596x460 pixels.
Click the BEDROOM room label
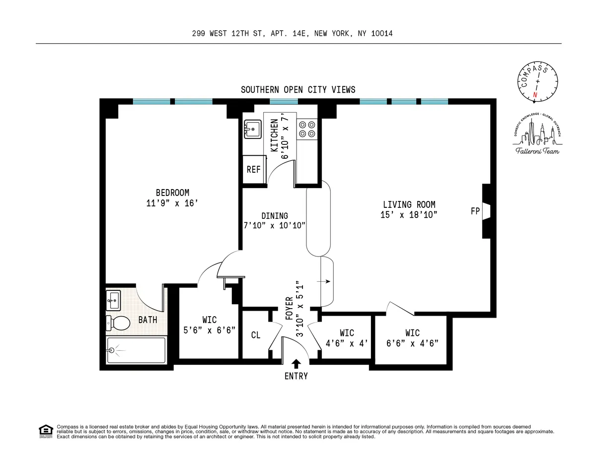click(x=172, y=193)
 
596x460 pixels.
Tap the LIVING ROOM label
click(x=409, y=204)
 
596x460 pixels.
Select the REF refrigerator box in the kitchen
click(x=254, y=169)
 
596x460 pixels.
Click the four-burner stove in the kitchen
click(x=306, y=129)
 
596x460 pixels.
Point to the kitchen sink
click(x=253, y=130)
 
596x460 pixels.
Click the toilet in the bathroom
click(x=118, y=323)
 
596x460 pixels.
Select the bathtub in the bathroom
click(x=136, y=351)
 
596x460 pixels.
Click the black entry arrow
click(x=296, y=364)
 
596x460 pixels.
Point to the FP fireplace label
click(x=475, y=211)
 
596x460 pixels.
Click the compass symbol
click(x=536, y=81)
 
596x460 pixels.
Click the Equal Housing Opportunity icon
click(x=45, y=431)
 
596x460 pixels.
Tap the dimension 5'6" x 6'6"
click(x=209, y=329)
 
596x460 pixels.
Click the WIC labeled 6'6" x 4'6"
click(x=412, y=337)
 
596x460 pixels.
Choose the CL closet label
click(x=255, y=335)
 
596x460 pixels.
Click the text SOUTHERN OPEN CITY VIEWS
click(x=298, y=90)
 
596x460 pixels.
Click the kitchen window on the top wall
click(x=284, y=101)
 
